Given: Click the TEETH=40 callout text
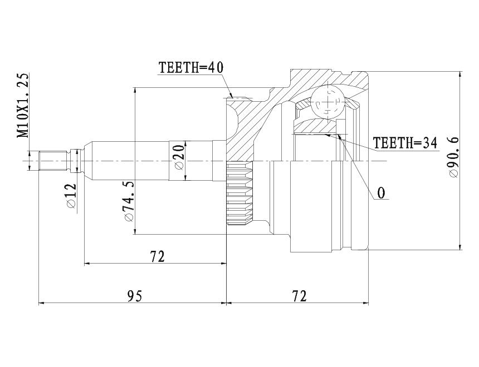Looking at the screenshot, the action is pyautogui.click(x=191, y=67).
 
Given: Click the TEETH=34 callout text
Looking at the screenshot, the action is pyautogui.click(x=405, y=143).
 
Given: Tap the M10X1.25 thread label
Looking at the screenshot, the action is pyautogui.click(x=23, y=105).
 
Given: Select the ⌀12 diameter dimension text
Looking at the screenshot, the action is pyautogui.click(x=71, y=196).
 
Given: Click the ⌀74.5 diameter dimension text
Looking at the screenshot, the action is pyautogui.click(x=128, y=201).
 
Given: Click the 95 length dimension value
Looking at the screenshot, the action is pyautogui.click(x=135, y=296).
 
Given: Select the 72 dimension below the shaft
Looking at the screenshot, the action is pyautogui.click(x=157, y=256).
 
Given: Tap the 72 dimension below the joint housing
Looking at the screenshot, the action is pyautogui.click(x=299, y=296).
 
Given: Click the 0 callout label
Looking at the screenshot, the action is pyautogui.click(x=381, y=193).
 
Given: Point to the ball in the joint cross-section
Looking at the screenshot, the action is pyautogui.click(x=327, y=101).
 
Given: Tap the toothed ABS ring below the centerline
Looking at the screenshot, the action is pyautogui.click(x=239, y=193).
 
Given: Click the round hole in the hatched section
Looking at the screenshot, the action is pyautogui.click(x=231, y=120).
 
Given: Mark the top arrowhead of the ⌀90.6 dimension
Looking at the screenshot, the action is pyautogui.click(x=460, y=75).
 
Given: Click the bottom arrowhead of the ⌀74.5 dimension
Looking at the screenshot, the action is pyautogui.click(x=134, y=231).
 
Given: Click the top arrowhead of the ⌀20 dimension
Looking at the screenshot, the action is pyautogui.click(x=185, y=145).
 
